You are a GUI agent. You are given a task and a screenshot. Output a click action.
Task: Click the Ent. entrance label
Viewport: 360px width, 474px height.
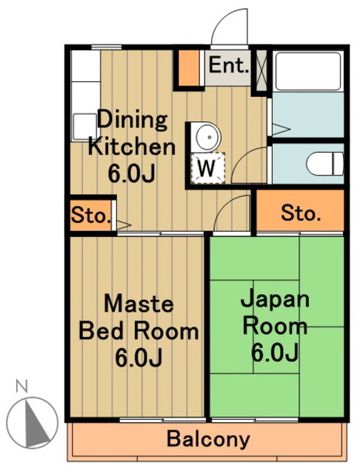[x=228, y=65]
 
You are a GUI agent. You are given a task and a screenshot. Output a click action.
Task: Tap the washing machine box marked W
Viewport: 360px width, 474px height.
[x=207, y=168]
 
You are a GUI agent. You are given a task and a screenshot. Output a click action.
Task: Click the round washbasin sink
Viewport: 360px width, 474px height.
[x=207, y=137]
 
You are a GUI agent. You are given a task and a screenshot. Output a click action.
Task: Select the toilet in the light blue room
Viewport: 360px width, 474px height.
[x=325, y=164]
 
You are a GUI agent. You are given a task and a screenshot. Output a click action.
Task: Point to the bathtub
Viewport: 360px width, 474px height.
[x=308, y=71]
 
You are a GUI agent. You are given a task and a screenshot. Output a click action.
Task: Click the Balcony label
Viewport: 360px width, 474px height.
[x=209, y=439]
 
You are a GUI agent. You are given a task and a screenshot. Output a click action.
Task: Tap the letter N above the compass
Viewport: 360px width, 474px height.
[x=21, y=386]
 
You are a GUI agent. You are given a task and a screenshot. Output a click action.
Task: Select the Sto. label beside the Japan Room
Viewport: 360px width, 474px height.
[x=301, y=213]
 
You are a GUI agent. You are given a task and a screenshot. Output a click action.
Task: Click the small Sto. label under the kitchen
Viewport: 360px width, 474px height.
[x=90, y=216]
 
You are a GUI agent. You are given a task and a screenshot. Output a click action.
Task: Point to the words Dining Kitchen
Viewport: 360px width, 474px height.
[x=132, y=133]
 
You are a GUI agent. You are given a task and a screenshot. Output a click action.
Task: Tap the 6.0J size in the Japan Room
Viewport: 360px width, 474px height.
[x=275, y=353]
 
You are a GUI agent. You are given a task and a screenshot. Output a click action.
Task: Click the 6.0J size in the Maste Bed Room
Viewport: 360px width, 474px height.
[x=139, y=358]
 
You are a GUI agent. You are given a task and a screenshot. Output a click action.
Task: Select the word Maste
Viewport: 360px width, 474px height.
[x=139, y=304]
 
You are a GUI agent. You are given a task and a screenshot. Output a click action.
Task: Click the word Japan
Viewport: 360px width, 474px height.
[x=275, y=299]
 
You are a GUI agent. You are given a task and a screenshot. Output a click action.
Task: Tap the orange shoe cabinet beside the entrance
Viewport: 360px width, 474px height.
[x=189, y=68]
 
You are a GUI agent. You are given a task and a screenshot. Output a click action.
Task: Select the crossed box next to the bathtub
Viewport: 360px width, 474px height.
[x=261, y=70]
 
